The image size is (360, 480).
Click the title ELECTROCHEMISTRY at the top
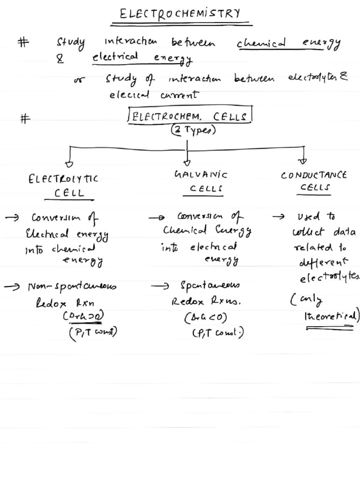coord(180,14)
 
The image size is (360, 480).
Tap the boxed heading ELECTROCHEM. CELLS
coord(189,116)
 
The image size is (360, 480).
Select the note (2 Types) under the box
coord(193,131)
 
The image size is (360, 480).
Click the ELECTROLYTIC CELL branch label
coord(64,185)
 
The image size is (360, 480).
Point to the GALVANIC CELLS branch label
coord(201,181)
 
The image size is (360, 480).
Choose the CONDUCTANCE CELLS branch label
coord(314,181)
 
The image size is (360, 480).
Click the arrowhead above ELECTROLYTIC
coord(69,164)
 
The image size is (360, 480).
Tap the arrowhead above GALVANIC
coord(187,162)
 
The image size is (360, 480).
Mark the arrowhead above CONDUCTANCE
coord(303,161)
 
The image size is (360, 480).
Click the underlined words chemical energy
coord(288,44)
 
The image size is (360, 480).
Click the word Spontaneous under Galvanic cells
coord(210,285)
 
